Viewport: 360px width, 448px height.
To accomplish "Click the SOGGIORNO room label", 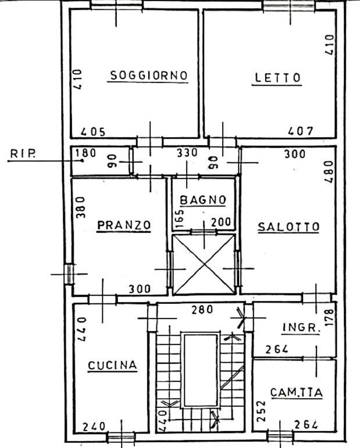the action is pyautogui.click(x=149, y=76).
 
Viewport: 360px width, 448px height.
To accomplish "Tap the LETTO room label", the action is pyautogui.click(x=277, y=78).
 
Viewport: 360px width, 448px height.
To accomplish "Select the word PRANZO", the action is pyautogui.click(x=124, y=225).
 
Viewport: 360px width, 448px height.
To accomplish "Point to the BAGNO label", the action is pyautogui.click(x=203, y=200).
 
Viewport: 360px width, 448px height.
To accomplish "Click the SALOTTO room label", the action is pyautogui.click(x=288, y=227).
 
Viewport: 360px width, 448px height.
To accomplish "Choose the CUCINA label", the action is pyautogui.click(x=112, y=365).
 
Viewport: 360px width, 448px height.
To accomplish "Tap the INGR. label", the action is pyautogui.click(x=301, y=327).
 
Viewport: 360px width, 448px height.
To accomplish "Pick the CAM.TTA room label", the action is pyautogui.click(x=297, y=393).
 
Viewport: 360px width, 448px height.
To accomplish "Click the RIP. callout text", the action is pyautogui.click(x=23, y=154).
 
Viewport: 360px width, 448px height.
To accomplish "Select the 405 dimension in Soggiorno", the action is pyautogui.click(x=93, y=132).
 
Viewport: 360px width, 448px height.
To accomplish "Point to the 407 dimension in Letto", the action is pyautogui.click(x=301, y=131).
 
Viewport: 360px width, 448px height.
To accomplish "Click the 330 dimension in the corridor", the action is pyautogui.click(x=187, y=153).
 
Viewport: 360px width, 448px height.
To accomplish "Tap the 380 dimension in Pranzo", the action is pyautogui.click(x=81, y=207).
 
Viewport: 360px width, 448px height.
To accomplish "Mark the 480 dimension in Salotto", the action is pyautogui.click(x=329, y=172).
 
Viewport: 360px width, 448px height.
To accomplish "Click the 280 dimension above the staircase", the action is pyautogui.click(x=202, y=310).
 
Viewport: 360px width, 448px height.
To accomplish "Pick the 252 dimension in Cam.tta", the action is pyautogui.click(x=261, y=411).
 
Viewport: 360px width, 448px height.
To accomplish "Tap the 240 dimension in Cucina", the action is pyautogui.click(x=94, y=427).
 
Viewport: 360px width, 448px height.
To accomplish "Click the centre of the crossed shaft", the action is pyautogui.click(x=204, y=264).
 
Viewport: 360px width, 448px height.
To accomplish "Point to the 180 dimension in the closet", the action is pyautogui.click(x=85, y=153).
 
